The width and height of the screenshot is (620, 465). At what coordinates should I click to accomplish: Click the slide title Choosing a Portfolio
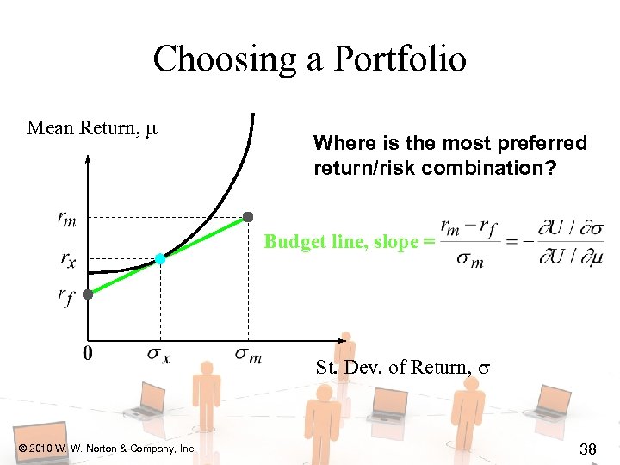[x=309, y=59]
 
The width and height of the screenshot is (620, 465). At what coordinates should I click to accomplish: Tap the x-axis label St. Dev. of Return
[x=402, y=368]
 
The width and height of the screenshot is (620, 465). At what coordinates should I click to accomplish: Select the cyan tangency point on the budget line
[x=160, y=258]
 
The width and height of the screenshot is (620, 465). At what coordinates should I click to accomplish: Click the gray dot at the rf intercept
[x=88, y=294]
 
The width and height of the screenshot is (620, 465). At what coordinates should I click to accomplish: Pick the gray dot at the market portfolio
[x=248, y=215]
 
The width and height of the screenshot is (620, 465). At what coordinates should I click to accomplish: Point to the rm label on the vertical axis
[x=66, y=220]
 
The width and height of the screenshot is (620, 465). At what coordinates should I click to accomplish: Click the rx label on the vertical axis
[x=67, y=257]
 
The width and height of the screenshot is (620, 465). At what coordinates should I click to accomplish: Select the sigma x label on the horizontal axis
[x=158, y=354]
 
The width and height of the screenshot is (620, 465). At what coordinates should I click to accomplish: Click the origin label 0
[x=88, y=352]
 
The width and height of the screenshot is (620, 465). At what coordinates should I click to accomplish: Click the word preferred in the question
[x=546, y=143]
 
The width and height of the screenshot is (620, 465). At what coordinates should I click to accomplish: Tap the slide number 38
[x=589, y=449]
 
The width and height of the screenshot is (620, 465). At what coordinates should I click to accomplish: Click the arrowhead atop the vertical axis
[x=88, y=158]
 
